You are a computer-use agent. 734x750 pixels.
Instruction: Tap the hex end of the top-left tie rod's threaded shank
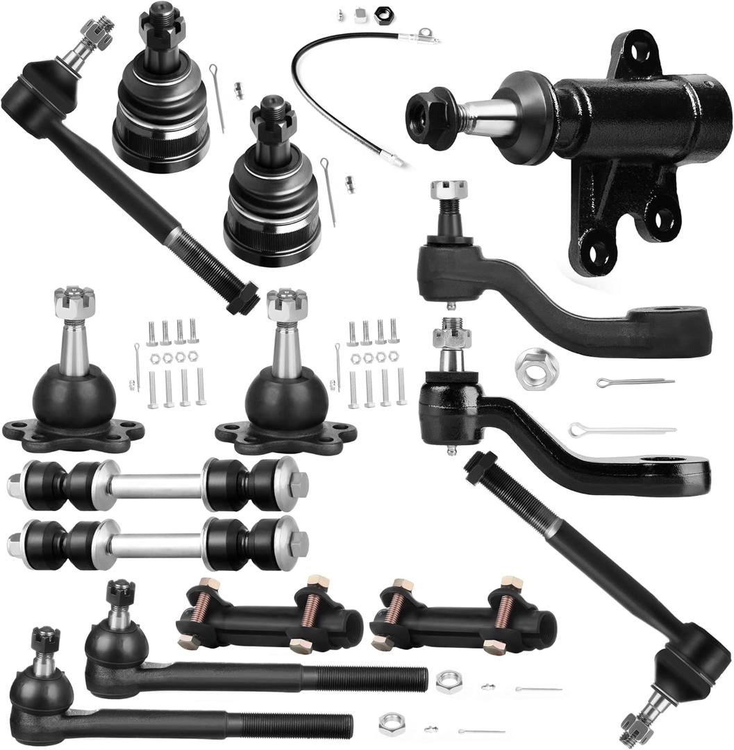click(243, 299)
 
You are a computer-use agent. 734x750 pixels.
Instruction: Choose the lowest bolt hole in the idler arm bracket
click(597, 253)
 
